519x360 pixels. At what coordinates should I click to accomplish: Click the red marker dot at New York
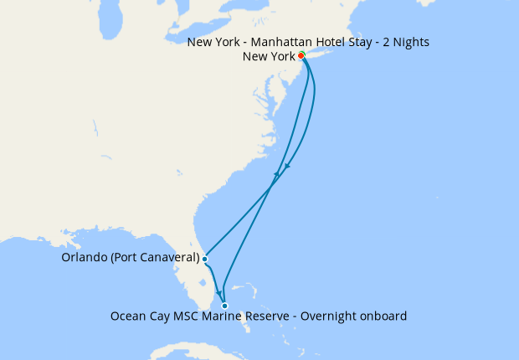click(301, 56)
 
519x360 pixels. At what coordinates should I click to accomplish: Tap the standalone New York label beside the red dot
click(268, 57)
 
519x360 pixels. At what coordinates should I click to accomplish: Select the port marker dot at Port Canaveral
click(205, 259)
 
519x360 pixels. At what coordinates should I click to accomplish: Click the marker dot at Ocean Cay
click(224, 306)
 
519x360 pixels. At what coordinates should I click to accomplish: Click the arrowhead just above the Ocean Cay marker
click(220, 294)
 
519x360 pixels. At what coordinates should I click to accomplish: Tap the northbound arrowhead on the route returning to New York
click(276, 174)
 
